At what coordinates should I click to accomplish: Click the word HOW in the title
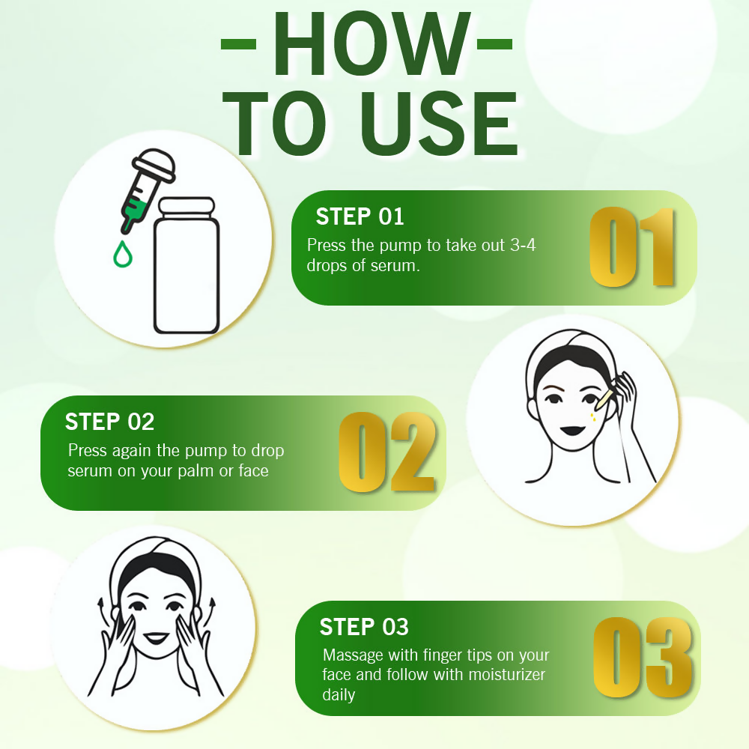click(x=372, y=43)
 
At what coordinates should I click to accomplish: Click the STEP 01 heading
click(x=360, y=216)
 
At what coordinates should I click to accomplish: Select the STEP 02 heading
click(x=109, y=422)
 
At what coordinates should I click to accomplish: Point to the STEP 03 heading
click(x=364, y=627)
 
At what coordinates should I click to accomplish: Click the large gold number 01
click(x=632, y=247)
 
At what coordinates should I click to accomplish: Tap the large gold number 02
click(x=387, y=452)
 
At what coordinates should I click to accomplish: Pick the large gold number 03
click(x=643, y=658)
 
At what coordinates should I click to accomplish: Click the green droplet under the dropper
click(x=123, y=254)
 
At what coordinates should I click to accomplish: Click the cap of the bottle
click(x=187, y=207)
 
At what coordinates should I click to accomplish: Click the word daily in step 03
click(x=339, y=696)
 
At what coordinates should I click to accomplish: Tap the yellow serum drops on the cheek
click(x=592, y=417)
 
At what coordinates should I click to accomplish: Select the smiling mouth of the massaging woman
click(x=157, y=637)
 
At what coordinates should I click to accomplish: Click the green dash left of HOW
click(x=238, y=44)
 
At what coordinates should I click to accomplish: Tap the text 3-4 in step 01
click(x=523, y=245)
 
